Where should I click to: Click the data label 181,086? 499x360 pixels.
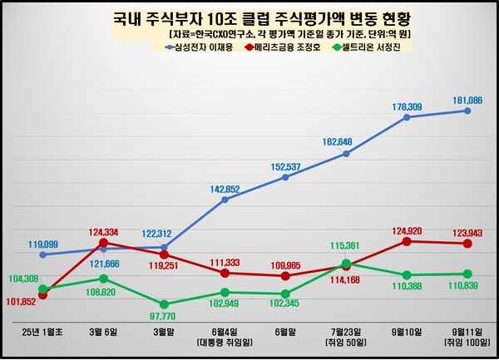[467, 100]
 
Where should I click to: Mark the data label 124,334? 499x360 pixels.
[103, 230]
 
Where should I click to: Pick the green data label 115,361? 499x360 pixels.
[345, 247]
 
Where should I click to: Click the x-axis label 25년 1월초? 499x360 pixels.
[43, 333]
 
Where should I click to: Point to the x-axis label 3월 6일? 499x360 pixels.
[103, 333]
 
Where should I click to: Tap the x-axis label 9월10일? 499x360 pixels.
[407, 333]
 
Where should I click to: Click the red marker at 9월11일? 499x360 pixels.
[467, 244]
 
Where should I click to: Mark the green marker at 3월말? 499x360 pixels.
[164, 304]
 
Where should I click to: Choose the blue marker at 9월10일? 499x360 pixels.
[407, 117]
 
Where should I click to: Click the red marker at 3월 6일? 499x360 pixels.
[103, 243]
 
